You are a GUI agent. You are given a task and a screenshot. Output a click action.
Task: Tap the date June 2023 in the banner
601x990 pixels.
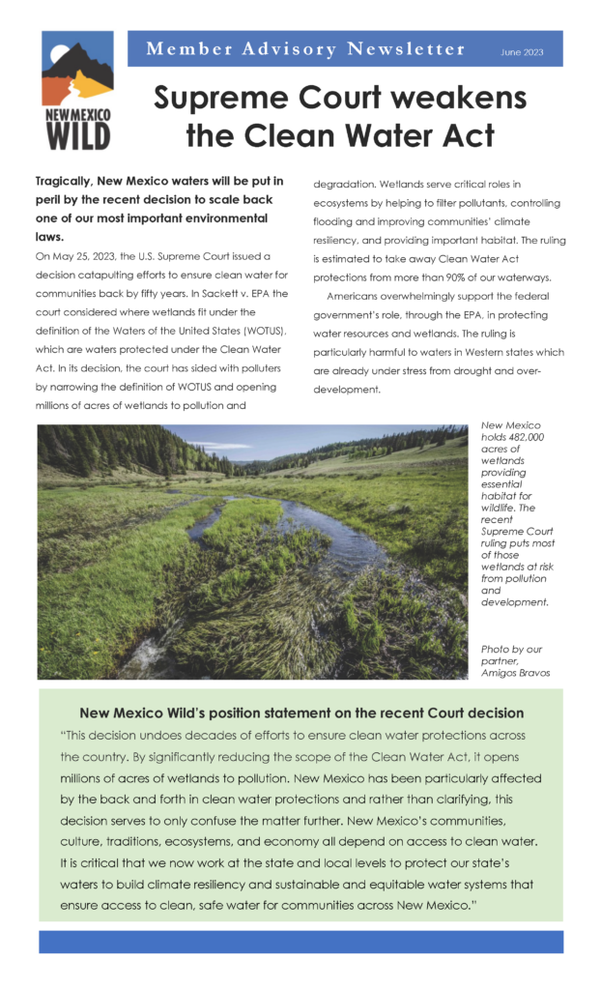pyautogui.click(x=521, y=52)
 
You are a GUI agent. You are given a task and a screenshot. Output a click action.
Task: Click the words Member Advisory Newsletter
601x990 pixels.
pyautogui.click(x=305, y=49)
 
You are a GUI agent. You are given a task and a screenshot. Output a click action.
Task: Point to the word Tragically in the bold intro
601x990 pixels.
pyautogui.click(x=65, y=181)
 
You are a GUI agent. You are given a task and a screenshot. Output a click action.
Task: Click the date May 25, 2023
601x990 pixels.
pyautogui.click(x=82, y=255)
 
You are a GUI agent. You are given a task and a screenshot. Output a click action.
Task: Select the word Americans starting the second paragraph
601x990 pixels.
pyautogui.click(x=358, y=296)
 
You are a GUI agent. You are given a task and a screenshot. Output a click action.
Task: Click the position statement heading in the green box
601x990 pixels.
pyautogui.click(x=300, y=713)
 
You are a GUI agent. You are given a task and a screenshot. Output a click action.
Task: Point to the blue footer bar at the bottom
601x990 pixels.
pyautogui.click(x=300, y=942)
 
